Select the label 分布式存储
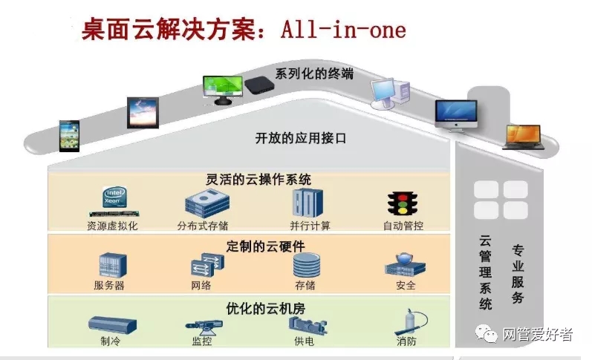pyautogui.click(x=202, y=225)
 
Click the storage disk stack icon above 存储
pyautogui.click(x=308, y=265)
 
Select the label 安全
pyautogui.click(x=406, y=285)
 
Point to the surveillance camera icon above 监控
pyautogui.click(x=203, y=324)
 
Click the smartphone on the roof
pyautogui.click(x=69, y=135)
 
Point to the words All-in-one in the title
pyautogui.click(x=343, y=30)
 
